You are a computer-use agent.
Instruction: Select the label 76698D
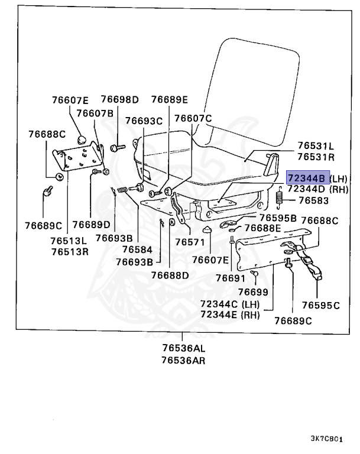pyautogui.click(x=119, y=99)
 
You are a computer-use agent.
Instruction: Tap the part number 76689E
pyautogui.click(x=169, y=99)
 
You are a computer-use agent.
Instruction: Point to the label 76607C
pyautogui.click(x=193, y=119)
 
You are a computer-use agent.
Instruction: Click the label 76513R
pyautogui.click(x=69, y=251)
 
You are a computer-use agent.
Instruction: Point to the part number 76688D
pyautogui.click(x=169, y=275)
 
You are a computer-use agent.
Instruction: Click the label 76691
pyautogui.click(x=230, y=277)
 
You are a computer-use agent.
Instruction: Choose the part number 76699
pyautogui.click(x=253, y=291)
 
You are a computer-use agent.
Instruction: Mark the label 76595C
pyautogui.click(x=320, y=305)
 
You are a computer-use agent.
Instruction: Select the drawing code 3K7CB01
pyautogui.click(x=327, y=439)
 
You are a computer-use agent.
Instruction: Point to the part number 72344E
pyautogui.click(x=222, y=314)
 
